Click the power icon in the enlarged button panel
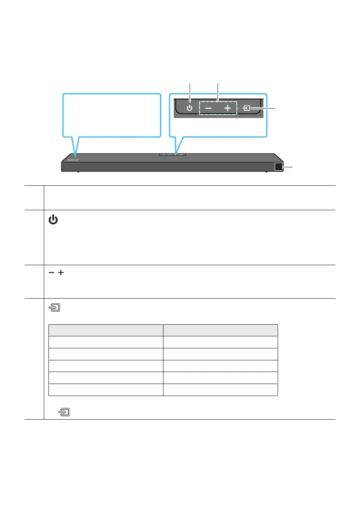(190, 109)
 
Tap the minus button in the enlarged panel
(208, 109)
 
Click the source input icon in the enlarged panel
(248, 109)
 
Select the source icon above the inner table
(54, 308)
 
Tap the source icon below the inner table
(64, 413)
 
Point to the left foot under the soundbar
(78, 172)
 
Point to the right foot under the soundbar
(266, 172)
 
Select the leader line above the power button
(190, 91)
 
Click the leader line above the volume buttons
(218, 91)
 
